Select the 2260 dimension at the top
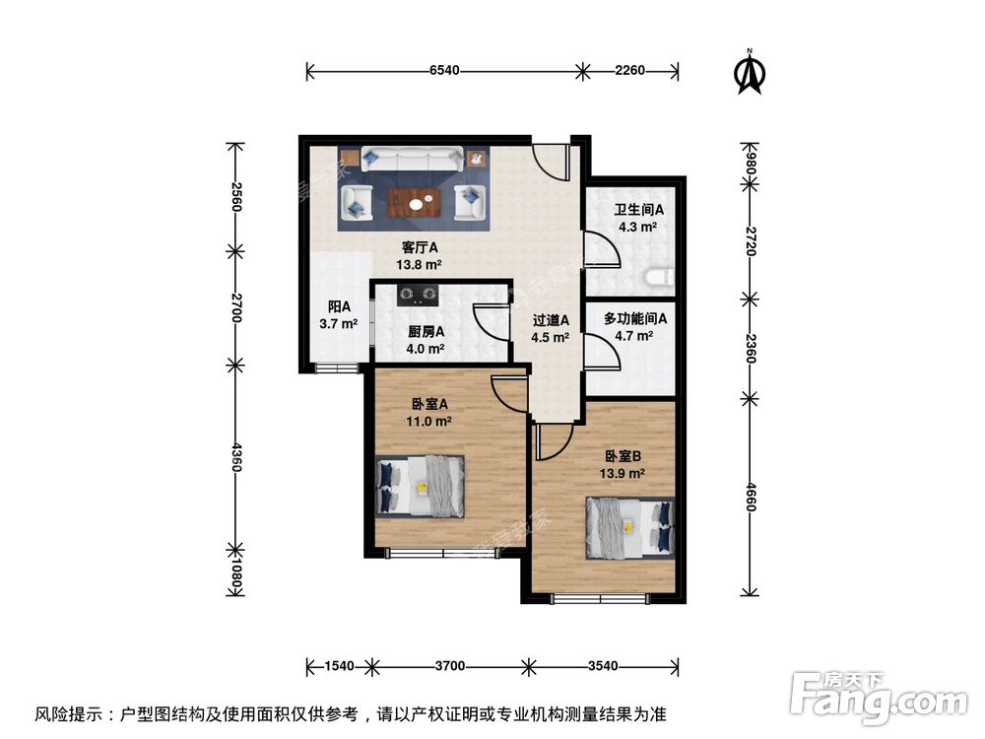pos(629,70)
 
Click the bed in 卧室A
pos(421,486)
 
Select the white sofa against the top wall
pos(412,158)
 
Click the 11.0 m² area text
pos(430,421)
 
